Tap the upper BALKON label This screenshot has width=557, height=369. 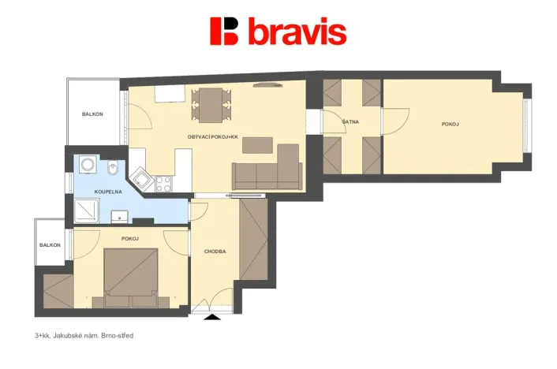pyautogui.click(x=92, y=114)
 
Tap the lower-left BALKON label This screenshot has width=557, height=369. pyautogui.click(x=50, y=245)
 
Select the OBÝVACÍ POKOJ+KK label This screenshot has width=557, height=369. pyautogui.click(x=212, y=137)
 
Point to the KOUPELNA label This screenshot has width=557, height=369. pyautogui.click(x=107, y=192)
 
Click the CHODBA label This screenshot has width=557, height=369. pyautogui.click(x=215, y=252)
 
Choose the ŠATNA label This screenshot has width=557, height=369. pyautogui.click(x=351, y=122)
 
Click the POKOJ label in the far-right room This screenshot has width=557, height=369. pyautogui.click(x=450, y=125)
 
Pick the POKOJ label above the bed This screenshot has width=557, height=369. pyautogui.click(x=130, y=238)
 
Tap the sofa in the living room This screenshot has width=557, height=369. pyautogui.click(x=268, y=171)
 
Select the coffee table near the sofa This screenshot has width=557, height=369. pyautogui.click(x=258, y=145)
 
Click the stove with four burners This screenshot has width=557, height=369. pyautogui.click(x=164, y=184)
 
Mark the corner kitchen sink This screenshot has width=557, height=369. pyautogui.click(x=142, y=178)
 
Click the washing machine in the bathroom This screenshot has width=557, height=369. pyautogui.click(x=88, y=166)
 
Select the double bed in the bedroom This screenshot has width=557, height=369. pyautogui.click(x=132, y=276)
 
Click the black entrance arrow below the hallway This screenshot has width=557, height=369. pyautogui.click(x=213, y=317)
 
